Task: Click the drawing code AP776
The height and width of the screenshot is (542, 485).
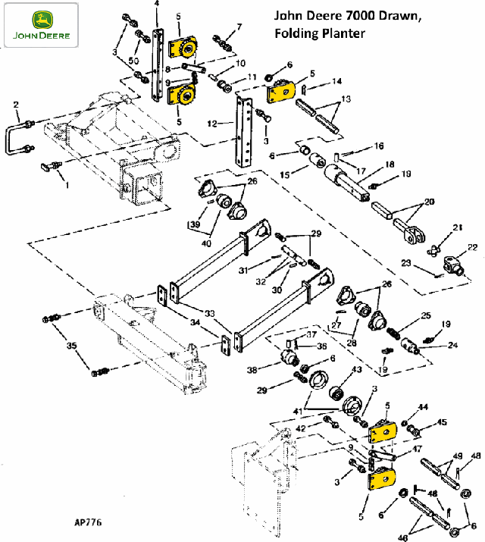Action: pyautogui.click(x=89, y=522)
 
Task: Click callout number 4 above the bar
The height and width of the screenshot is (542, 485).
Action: pyautogui.click(x=157, y=4)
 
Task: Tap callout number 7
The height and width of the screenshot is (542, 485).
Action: pyautogui.click(x=239, y=27)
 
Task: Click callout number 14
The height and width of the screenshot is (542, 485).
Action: pyautogui.click(x=336, y=80)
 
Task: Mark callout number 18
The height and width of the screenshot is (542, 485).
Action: pyautogui.click(x=390, y=164)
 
